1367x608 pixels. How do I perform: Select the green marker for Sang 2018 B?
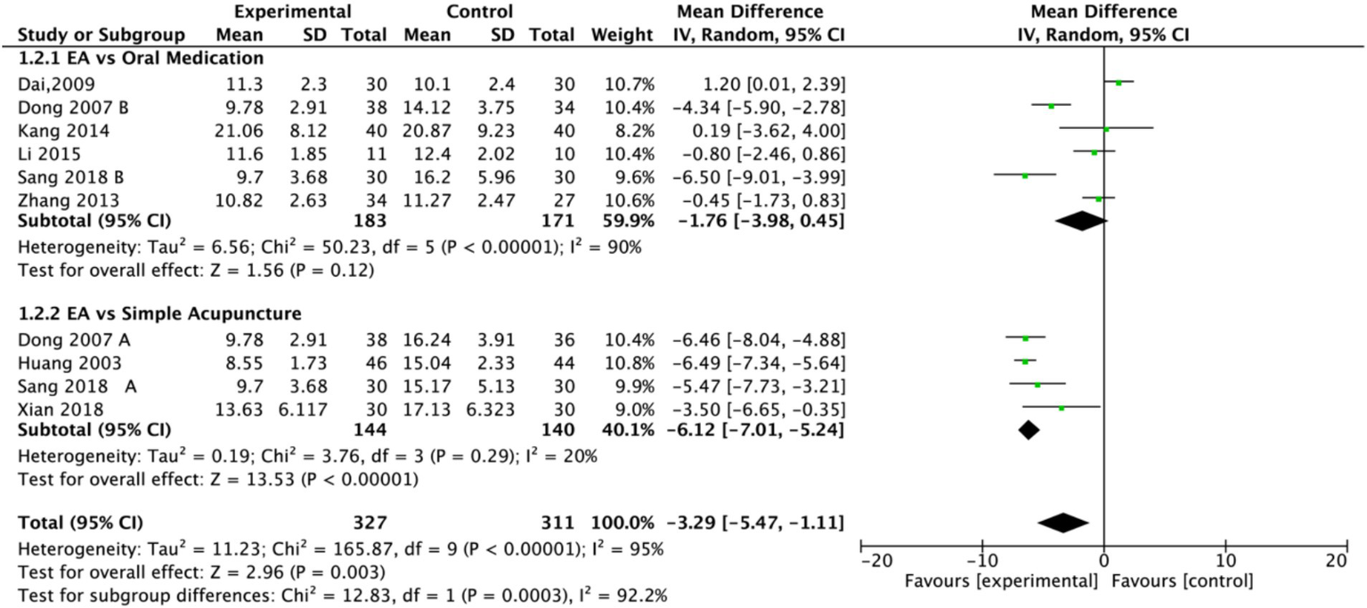click(x=1025, y=176)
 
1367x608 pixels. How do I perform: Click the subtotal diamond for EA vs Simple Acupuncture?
click(x=1029, y=430)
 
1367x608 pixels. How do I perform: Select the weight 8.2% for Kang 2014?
click(x=634, y=130)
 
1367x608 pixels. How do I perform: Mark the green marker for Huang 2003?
click(x=1025, y=361)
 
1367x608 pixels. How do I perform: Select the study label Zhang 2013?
click(x=53, y=199)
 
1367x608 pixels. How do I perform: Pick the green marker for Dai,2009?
click(x=1119, y=83)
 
